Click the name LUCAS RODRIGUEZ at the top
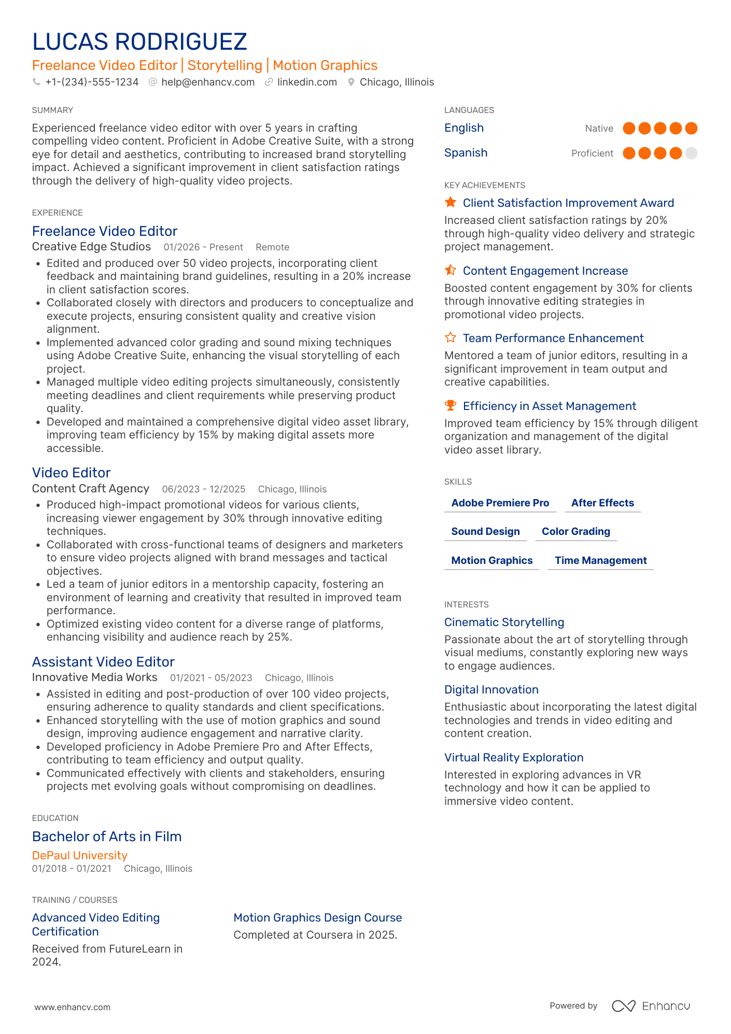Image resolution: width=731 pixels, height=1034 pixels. pyautogui.click(x=139, y=42)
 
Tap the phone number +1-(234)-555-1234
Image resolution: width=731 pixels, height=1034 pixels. pyautogui.click(x=92, y=82)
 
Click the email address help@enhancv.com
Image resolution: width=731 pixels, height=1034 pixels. pyautogui.click(x=207, y=82)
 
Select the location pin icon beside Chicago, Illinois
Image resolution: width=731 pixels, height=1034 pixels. pyautogui.click(x=351, y=82)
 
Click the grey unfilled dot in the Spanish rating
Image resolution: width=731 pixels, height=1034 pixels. pyautogui.click(x=691, y=153)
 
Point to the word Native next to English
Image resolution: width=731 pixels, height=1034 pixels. pyautogui.click(x=599, y=129)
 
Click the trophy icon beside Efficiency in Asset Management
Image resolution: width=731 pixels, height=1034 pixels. pyautogui.click(x=451, y=405)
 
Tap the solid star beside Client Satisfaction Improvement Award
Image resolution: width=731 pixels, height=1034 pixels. pyautogui.click(x=451, y=202)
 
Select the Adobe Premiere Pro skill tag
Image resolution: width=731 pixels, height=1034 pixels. pyautogui.click(x=500, y=503)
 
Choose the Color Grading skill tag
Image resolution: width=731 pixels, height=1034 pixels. pyautogui.click(x=575, y=531)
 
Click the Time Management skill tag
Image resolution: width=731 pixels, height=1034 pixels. pyautogui.click(x=600, y=560)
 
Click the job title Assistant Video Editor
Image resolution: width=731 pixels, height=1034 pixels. pyautogui.click(x=103, y=662)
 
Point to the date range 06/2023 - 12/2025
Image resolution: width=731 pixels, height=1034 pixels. pyautogui.click(x=203, y=489)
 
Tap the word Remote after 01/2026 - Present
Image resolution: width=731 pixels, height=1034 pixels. pyautogui.click(x=272, y=248)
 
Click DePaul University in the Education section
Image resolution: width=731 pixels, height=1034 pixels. pyautogui.click(x=79, y=855)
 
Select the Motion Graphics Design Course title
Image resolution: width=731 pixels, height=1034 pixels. pyautogui.click(x=317, y=917)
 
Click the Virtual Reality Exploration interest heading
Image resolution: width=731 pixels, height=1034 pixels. pyautogui.click(x=513, y=757)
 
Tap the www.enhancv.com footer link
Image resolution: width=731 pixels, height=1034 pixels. pyautogui.click(x=72, y=1007)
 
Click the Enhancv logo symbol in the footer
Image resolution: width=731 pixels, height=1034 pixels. pyautogui.click(x=623, y=1006)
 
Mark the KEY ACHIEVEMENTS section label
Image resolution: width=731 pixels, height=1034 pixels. pyautogui.click(x=484, y=186)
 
